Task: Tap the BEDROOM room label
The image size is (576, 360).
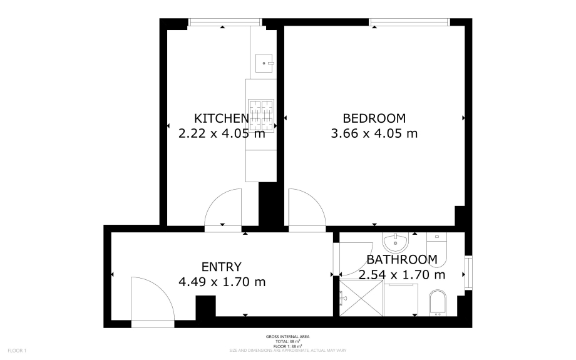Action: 374,118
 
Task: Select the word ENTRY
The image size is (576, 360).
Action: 221,267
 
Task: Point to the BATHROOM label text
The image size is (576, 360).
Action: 401,260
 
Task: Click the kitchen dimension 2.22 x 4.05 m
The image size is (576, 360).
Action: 222,133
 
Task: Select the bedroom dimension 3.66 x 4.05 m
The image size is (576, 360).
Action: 374,133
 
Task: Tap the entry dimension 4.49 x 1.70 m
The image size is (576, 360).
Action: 222,282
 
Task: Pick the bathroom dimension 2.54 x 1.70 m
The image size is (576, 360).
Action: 401,275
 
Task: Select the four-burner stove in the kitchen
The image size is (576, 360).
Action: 261,114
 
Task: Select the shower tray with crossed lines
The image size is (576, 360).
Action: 361,298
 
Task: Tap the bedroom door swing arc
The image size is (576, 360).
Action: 306,209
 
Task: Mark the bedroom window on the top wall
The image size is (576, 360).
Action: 409,23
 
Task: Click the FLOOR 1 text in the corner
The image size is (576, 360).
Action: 17,351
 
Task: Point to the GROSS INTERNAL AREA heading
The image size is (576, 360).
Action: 287,337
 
